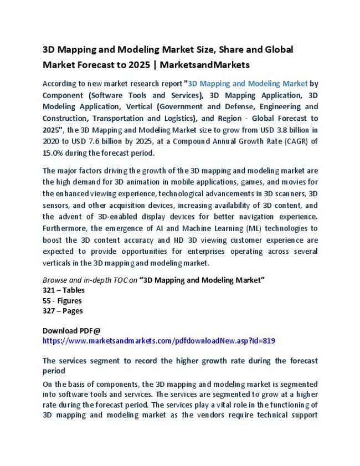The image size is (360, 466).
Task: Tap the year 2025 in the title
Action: pos(137,65)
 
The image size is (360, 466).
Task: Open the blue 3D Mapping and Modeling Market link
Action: pos(248,84)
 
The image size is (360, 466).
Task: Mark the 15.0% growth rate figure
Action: pos(54,153)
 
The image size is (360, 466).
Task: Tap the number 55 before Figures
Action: pos(48,301)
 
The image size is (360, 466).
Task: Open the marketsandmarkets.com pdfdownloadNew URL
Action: pos(158,341)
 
